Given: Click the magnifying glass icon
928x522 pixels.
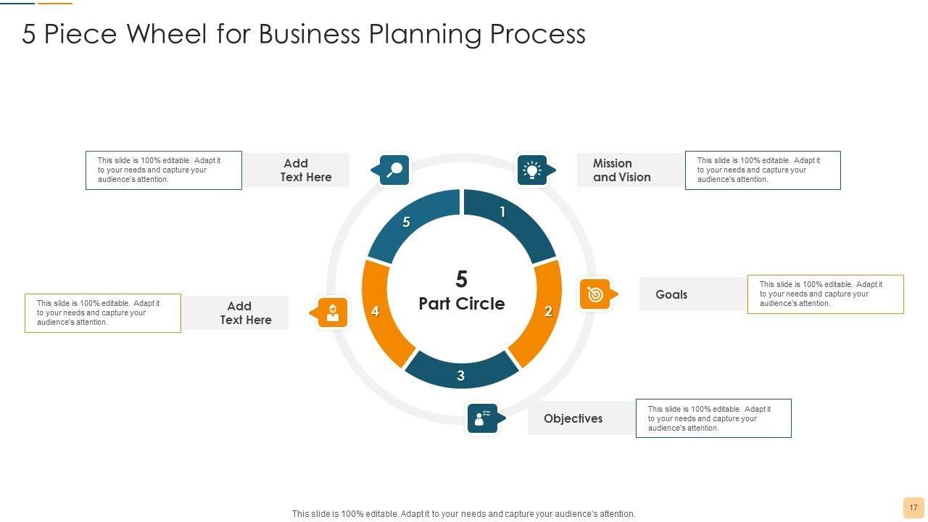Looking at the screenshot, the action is click(394, 170).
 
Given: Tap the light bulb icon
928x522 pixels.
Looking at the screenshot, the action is click(532, 170).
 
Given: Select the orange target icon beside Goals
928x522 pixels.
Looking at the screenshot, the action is click(595, 294).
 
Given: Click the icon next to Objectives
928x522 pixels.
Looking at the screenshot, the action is click(482, 418).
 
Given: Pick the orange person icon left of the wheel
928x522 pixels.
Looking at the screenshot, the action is click(333, 312).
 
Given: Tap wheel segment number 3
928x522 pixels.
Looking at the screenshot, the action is click(461, 372).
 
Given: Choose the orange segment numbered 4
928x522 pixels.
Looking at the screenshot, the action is click(378, 311).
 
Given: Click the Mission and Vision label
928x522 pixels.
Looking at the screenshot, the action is click(621, 170).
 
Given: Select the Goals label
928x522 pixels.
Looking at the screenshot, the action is click(671, 294).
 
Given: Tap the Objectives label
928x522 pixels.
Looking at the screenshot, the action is click(573, 418).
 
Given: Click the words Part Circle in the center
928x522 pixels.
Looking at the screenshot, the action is click(462, 304).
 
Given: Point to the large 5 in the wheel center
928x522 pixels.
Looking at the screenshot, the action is click(462, 279).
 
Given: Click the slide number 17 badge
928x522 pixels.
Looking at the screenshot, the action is click(913, 507).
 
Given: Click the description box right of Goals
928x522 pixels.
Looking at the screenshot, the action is click(825, 294).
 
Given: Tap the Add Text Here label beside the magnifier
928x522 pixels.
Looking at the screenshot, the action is click(305, 170).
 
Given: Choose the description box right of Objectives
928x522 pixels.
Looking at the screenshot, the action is click(713, 418).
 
